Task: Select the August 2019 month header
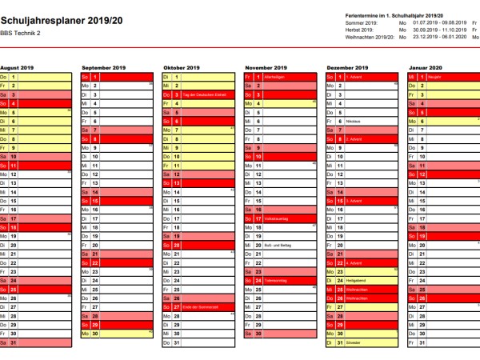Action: click(x=18, y=68)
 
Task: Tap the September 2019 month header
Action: click(x=102, y=68)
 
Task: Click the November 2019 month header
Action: click(x=265, y=68)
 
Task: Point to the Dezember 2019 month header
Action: click(x=347, y=68)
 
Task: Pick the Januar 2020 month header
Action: click(x=426, y=68)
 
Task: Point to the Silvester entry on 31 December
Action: click(x=355, y=342)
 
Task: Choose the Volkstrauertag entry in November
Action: click(x=277, y=218)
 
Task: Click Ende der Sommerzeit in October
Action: click(x=202, y=306)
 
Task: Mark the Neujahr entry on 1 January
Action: click(x=437, y=77)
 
